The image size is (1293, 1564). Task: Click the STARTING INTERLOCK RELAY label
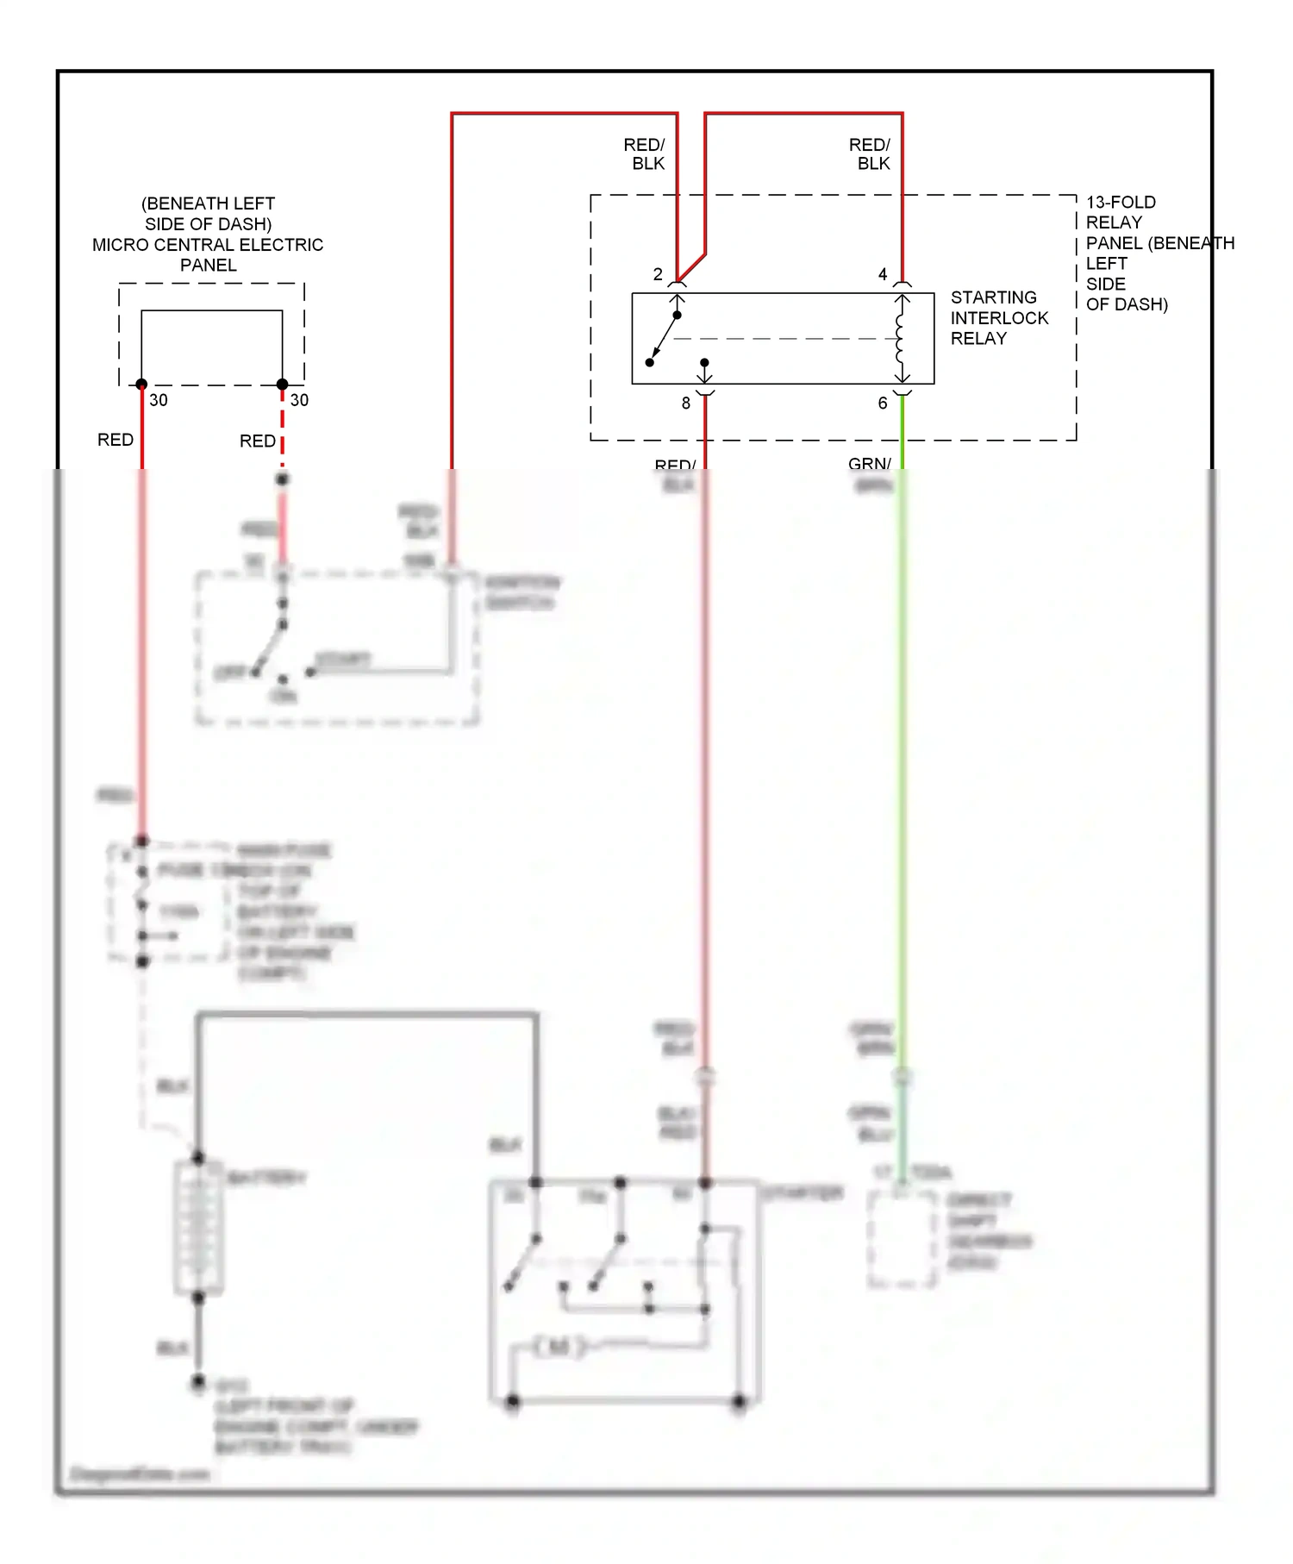point(998,317)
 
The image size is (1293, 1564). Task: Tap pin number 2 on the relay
point(658,274)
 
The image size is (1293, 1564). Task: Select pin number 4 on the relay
point(882,274)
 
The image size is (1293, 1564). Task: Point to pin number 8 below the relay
point(686,403)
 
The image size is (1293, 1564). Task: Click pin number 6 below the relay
point(882,403)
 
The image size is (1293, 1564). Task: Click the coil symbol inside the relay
point(900,338)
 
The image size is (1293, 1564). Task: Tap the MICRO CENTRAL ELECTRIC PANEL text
point(208,245)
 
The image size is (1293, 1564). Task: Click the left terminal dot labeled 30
point(141,385)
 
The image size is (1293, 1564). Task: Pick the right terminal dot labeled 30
point(282,385)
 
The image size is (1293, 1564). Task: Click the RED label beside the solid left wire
point(116,440)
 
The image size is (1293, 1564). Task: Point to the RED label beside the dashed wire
point(257,441)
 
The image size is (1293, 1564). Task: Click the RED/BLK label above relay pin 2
point(645,153)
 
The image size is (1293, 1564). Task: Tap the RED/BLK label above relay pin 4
point(870,153)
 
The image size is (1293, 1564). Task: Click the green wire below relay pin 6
point(902,431)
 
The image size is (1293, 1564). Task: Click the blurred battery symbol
point(198,1227)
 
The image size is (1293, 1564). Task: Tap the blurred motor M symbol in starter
point(558,1346)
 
